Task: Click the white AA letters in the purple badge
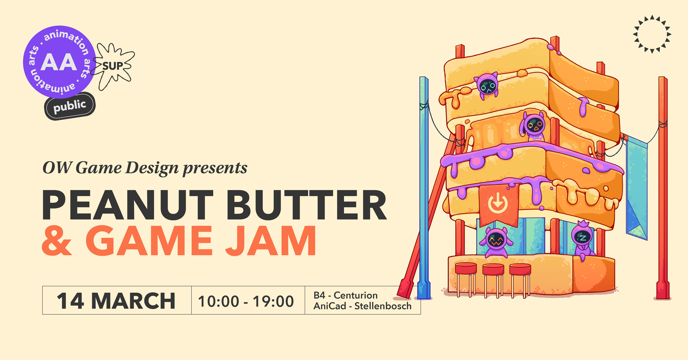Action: coord(59,62)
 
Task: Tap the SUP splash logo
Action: coord(113,66)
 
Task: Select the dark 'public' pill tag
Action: coord(70,106)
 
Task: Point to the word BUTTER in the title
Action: coord(307,205)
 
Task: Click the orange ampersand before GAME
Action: coord(57,241)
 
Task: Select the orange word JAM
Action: coord(271,241)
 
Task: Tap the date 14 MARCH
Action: coord(116,301)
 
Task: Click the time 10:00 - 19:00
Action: coord(246,301)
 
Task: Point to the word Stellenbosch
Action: coord(383,306)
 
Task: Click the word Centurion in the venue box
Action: coord(356,295)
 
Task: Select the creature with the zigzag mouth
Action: coord(496,242)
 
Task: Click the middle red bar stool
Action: coord(493,280)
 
